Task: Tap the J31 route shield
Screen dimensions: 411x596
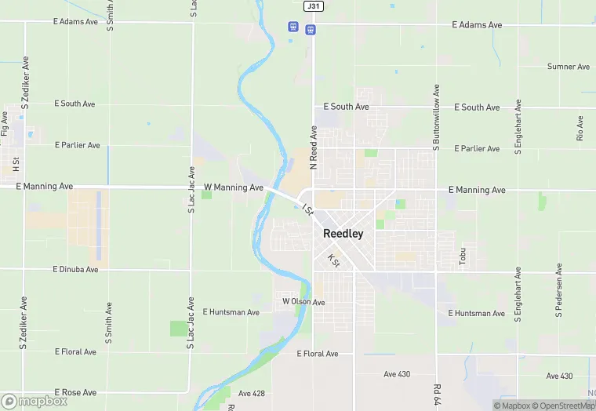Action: point(313,5)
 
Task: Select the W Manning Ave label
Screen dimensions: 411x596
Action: point(234,188)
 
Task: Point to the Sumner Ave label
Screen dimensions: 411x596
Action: point(569,67)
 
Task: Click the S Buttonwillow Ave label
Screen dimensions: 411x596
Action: point(437,118)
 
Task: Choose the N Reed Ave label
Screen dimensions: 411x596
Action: point(313,147)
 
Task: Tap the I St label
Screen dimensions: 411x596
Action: point(307,208)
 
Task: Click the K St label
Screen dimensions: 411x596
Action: point(333,260)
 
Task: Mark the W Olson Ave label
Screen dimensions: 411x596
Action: point(303,302)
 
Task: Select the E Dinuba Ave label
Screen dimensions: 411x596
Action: point(76,270)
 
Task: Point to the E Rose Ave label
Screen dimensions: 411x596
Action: point(75,392)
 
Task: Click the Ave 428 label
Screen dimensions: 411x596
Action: point(252,393)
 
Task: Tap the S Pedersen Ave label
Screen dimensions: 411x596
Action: point(559,291)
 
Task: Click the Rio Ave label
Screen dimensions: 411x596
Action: point(580,129)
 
